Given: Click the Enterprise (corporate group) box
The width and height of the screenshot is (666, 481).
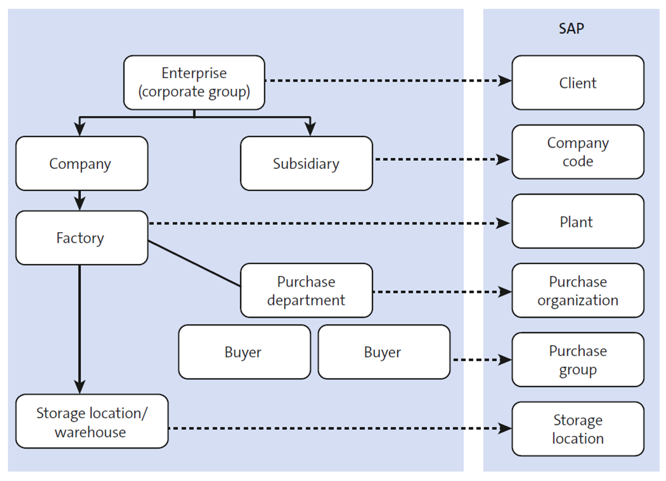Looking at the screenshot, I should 194,82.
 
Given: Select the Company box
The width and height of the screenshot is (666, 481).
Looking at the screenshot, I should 81,163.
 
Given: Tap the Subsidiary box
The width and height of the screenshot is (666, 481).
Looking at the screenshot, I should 306,163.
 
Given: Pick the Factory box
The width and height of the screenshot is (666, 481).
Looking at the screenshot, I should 81,238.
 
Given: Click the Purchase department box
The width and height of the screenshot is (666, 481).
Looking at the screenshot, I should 306,290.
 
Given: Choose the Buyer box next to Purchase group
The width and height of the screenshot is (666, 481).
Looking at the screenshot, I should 384,352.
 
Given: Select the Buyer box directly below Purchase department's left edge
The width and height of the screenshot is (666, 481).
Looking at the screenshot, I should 244,352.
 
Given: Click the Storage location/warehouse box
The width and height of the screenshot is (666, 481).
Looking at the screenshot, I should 92,421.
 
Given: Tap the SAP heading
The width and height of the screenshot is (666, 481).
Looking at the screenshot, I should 571,29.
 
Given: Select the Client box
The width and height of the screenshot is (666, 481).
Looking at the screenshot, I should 577,82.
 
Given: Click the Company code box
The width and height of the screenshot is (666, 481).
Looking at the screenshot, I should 577,152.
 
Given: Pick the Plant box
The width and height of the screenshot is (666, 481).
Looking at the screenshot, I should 577,221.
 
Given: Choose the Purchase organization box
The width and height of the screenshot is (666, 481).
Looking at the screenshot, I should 577,290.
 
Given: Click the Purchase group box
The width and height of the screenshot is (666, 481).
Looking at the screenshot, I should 577,360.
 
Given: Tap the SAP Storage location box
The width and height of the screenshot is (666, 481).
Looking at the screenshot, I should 577,429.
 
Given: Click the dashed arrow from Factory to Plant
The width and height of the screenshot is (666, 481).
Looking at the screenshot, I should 329,224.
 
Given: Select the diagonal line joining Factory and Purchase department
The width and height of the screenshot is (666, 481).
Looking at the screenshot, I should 194,263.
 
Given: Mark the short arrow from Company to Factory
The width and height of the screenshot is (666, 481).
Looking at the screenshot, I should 80,200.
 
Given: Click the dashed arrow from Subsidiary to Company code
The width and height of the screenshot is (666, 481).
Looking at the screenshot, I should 441,159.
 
